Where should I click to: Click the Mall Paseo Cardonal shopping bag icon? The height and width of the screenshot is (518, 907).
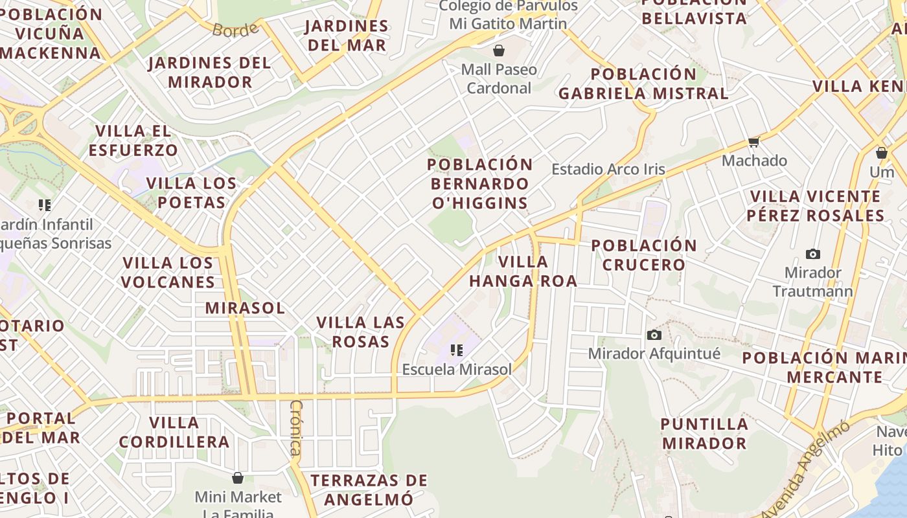pos(499,51)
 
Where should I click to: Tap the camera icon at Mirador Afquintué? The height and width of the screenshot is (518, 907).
pos(654,335)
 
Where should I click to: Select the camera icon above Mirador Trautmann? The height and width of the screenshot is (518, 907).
pos(812,254)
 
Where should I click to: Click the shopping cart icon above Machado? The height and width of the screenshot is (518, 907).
pos(753,142)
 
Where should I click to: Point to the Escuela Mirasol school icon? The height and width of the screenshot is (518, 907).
pos(457,350)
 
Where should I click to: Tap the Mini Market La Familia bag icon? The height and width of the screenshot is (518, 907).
pos(238,478)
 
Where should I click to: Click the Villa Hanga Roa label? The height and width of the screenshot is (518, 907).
pos(523,271)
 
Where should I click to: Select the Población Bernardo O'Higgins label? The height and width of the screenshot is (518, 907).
pos(480,184)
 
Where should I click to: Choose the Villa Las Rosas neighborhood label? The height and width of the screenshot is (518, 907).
pos(361,332)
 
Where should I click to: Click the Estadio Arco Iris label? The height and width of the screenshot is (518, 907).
pos(608,170)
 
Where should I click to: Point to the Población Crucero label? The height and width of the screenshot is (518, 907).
pos(644,255)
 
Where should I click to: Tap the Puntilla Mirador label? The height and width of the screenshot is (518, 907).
pos(704,434)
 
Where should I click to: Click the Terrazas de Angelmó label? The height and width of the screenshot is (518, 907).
pos(369,490)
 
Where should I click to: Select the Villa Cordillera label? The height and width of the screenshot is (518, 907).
pos(174,433)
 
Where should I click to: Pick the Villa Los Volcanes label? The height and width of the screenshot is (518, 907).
pos(168,273)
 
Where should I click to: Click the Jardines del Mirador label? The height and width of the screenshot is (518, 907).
pos(209,73)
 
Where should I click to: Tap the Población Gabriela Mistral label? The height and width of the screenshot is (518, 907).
pos(643,84)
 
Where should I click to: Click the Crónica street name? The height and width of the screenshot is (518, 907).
pos(296,428)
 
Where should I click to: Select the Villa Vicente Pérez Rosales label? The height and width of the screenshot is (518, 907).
pos(815,206)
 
